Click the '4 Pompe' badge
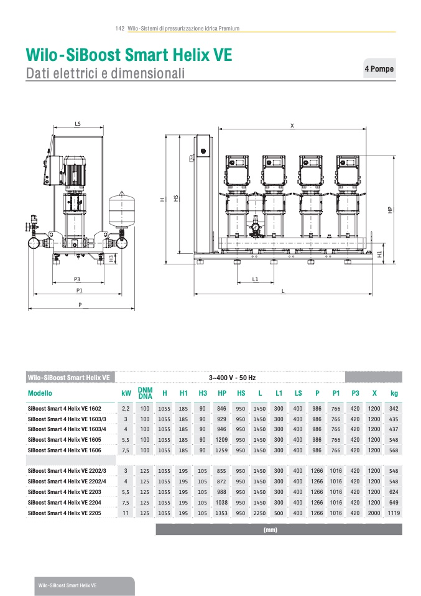(379, 68)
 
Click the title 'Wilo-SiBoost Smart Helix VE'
(129, 55)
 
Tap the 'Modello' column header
(40, 393)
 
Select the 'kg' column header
(394, 393)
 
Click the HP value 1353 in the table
(222, 513)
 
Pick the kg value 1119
(394, 513)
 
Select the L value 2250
(260, 513)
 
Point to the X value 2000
(374, 513)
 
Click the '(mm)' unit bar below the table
(270, 530)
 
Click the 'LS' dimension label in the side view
(78, 124)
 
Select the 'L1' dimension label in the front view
(255, 279)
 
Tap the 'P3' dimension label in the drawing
(77, 279)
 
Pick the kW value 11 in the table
(126, 513)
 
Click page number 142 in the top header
(120, 29)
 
